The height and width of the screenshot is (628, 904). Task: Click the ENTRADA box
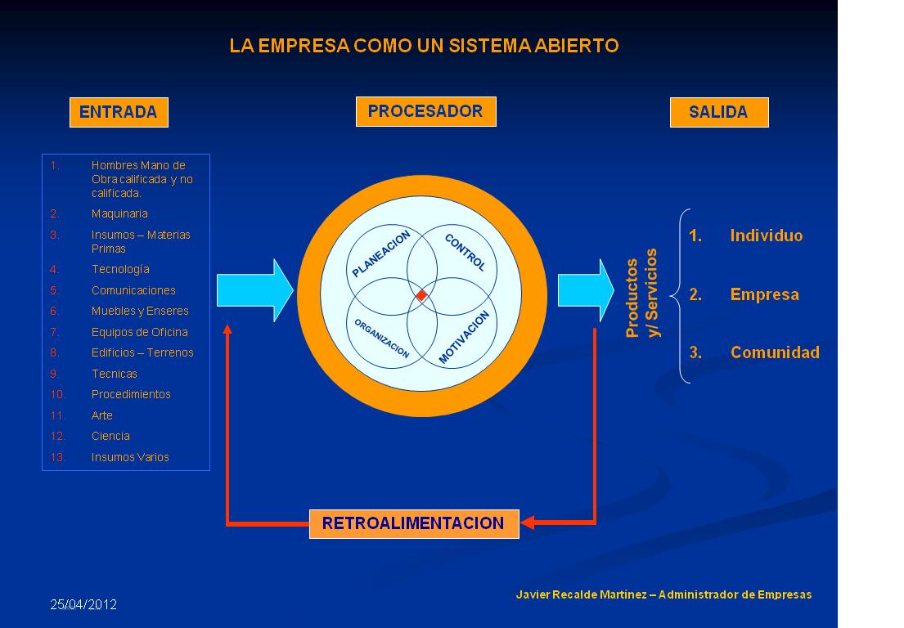click(x=119, y=113)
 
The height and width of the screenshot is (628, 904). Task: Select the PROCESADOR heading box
click(x=425, y=111)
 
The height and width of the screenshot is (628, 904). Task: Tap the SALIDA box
click(x=719, y=112)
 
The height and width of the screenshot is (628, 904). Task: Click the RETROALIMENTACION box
click(x=414, y=523)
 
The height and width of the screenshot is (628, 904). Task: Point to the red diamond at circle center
click(x=421, y=295)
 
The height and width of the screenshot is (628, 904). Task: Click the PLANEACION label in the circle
click(x=380, y=254)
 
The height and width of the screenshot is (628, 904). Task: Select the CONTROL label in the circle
click(x=465, y=253)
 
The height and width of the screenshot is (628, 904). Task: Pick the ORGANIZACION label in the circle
click(x=381, y=338)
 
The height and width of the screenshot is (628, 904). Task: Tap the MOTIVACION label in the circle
click(x=464, y=337)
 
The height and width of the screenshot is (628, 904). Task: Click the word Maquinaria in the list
click(x=119, y=213)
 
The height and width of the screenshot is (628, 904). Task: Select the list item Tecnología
click(x=120, y=269)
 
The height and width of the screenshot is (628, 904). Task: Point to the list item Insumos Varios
click(x=130, y=457)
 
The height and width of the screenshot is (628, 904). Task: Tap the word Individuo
click(x=767, y=236)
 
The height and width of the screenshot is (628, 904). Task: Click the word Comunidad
click(x=775, y=353)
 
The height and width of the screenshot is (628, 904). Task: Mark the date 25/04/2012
click(x=83, y=605)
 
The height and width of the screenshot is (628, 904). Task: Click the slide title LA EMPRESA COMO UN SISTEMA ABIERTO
click(x=424, y=47)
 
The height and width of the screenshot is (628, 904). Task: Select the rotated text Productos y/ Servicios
click(x=642, y=297)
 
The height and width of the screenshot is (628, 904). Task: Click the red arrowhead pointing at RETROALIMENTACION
click(x=528, y=523)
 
